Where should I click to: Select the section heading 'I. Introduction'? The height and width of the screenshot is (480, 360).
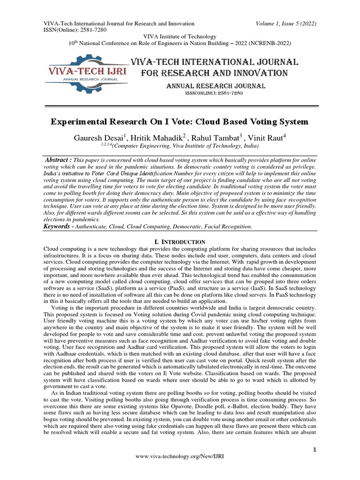pyautogui.click(x=180, y=241)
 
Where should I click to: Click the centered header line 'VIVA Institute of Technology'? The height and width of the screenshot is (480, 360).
pyautogui.click(x=180, y=37)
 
